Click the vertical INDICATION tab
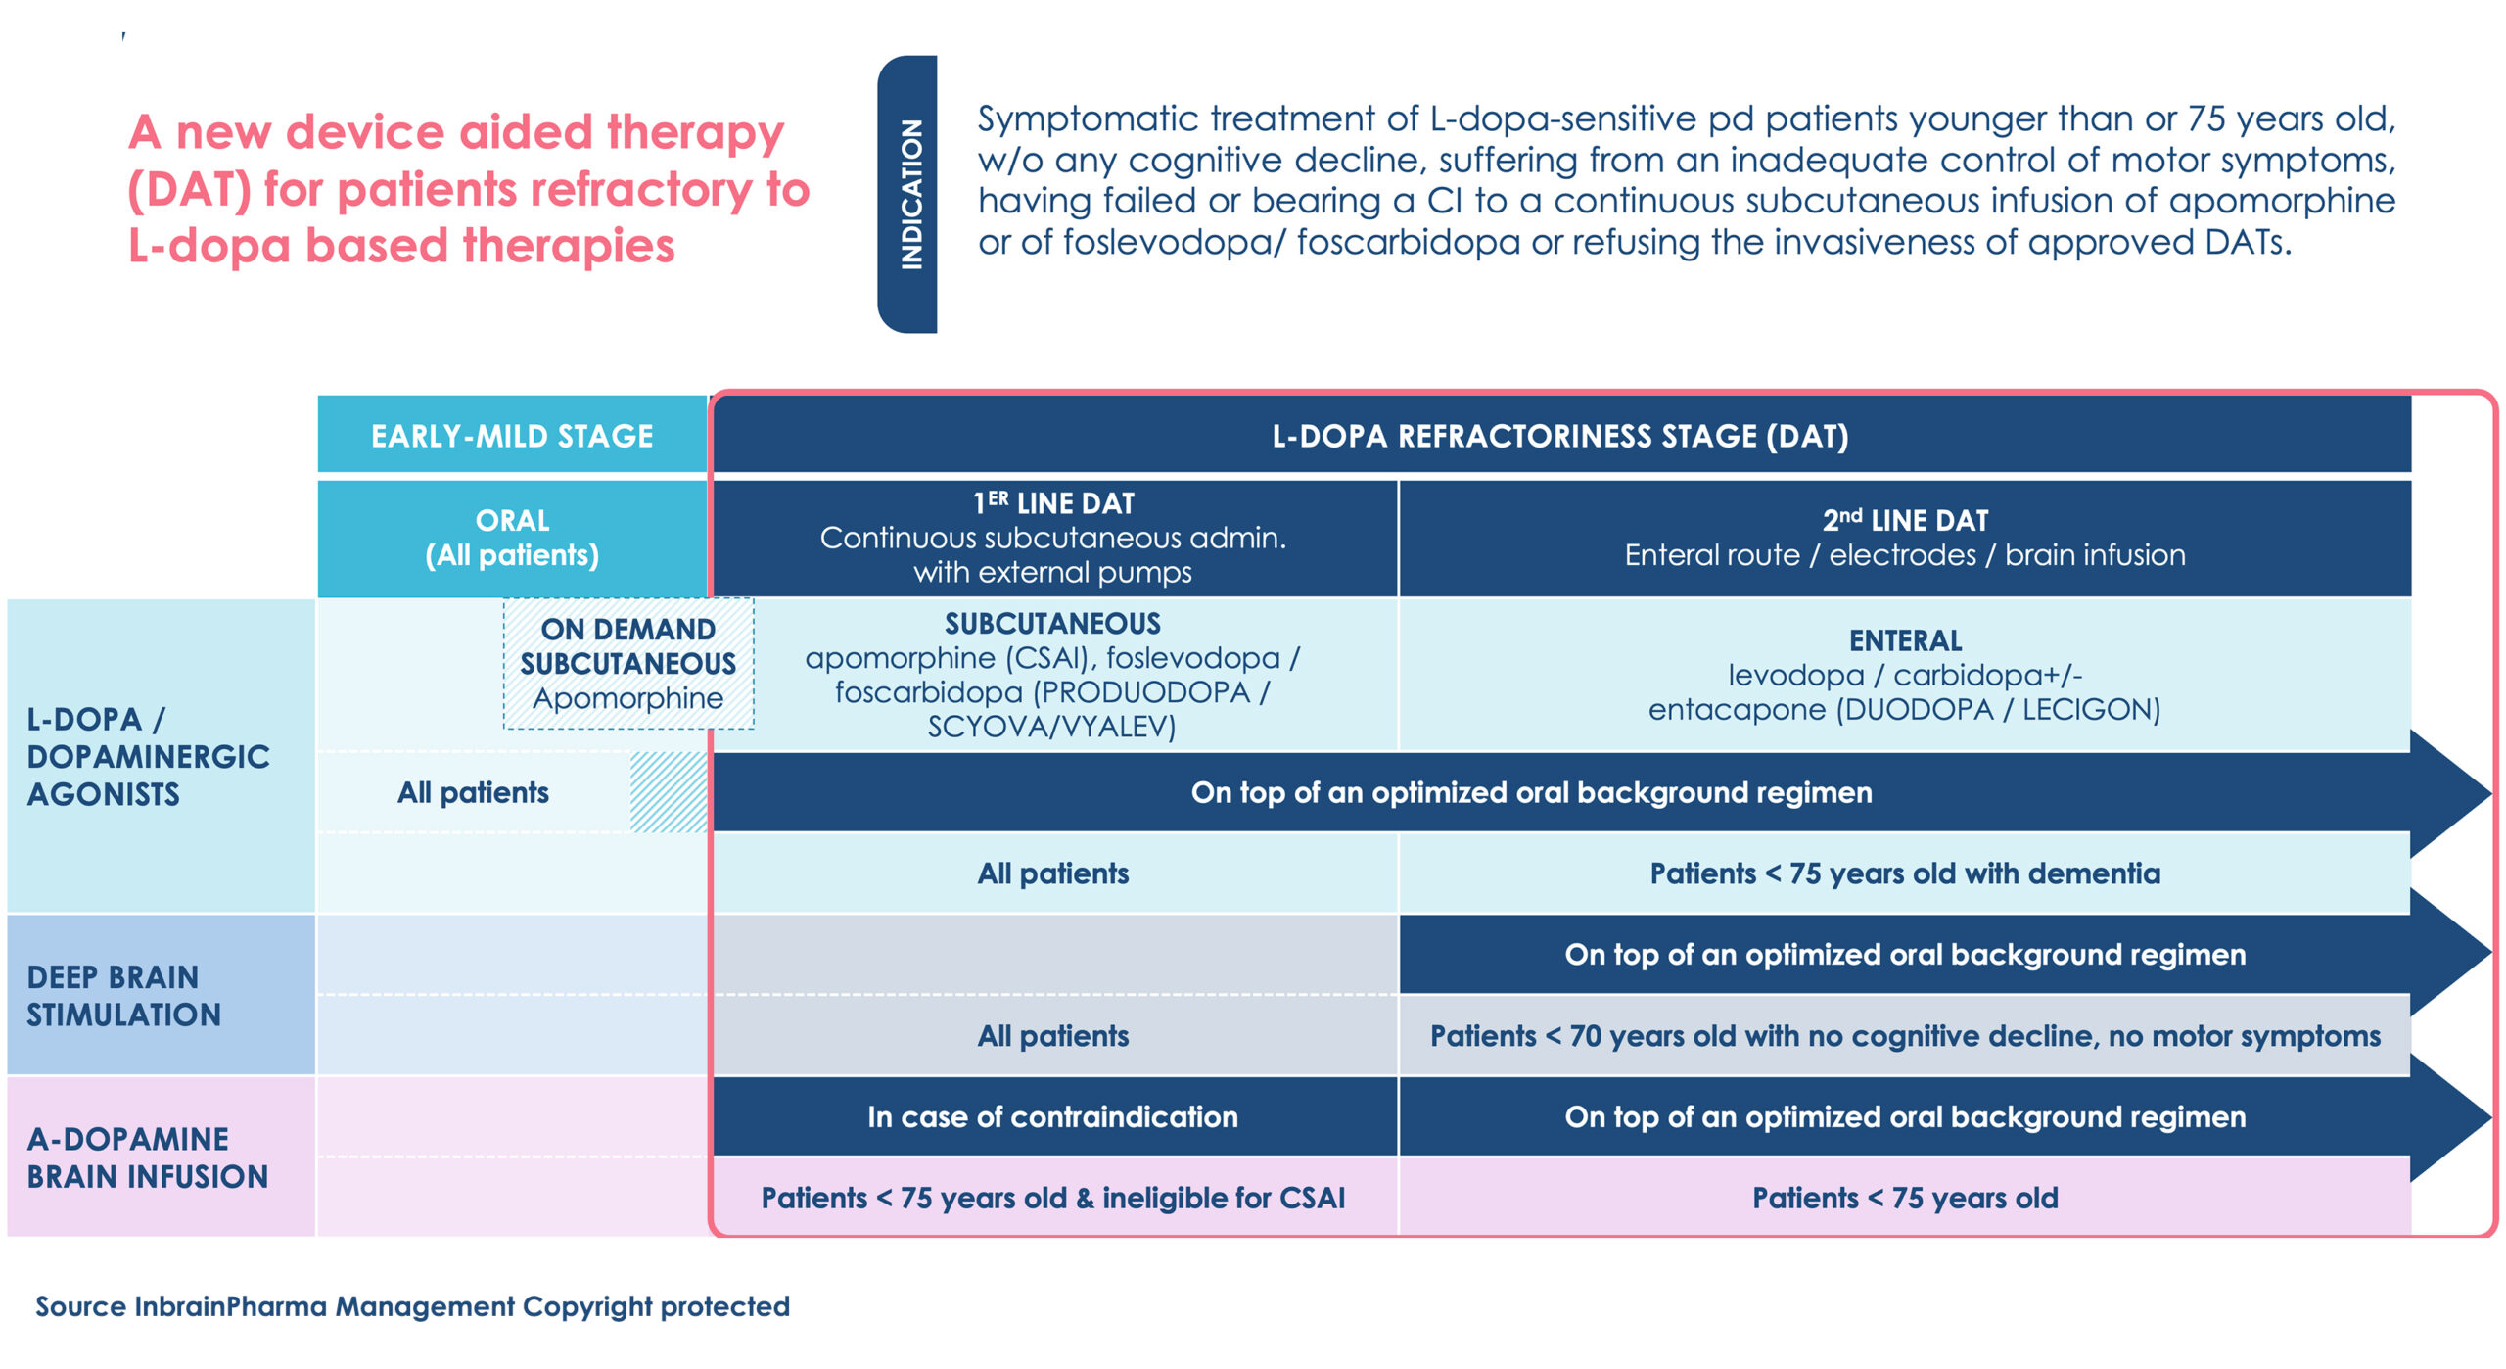pyautogui.click(x=908, y=194)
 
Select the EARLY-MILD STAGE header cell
pyautogui.click(x=511, y=436)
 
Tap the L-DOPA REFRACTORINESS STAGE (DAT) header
pyautogui.click(x=1559, y=436)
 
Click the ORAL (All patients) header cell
pyautogui.click(x=511, y=538)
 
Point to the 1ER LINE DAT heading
pyautogui.click(x=1053, y=503)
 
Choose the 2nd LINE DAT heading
pyautogui.click(x=1904, y=520)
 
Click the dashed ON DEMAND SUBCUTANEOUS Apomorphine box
pyautogui.click(x=627, y=663)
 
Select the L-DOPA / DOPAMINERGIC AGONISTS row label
pyautogui.click(x=147, y=756)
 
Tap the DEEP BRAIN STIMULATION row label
pyautogui.click(x=123, y=995)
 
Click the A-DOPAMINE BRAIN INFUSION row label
pyautogui.click(x=147, y=1157)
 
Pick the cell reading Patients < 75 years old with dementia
pyautogui.click(x=1904, y=873)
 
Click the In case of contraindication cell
pyautogui.click(x=1052, y=1116)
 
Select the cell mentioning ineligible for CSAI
pyautogui.click(x=1052, y=1198)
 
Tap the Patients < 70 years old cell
pyautogui.click(x=1904, y=1036)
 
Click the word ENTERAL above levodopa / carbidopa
pyautogui.click(x=1905, y=640)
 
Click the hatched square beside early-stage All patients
pyautogui.click(x=669, y=792)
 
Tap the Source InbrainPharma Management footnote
pyautogui.click(x=412, y=1306)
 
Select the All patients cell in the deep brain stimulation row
pyautogui.click(x=1052, y=1036)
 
